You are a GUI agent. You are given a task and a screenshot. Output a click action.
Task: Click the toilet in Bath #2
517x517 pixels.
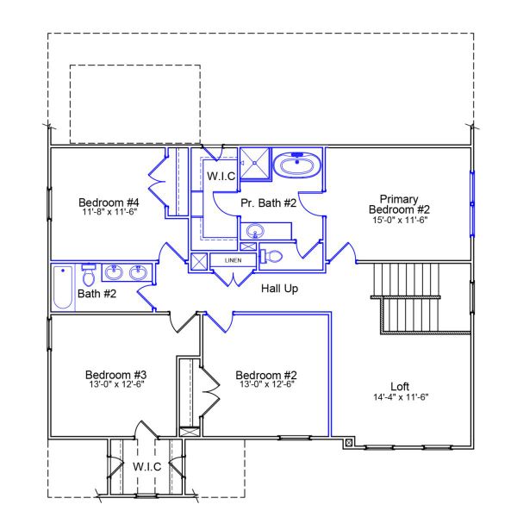88,276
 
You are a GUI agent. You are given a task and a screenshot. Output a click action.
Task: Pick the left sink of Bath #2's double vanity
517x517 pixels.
114,273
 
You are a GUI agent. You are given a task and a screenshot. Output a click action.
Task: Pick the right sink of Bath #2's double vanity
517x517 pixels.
138,273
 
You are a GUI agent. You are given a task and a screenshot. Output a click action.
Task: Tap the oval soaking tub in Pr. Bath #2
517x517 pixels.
297,165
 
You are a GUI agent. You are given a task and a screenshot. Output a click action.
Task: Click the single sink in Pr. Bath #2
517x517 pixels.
255,231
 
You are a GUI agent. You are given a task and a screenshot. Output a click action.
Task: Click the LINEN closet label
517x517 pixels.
233,259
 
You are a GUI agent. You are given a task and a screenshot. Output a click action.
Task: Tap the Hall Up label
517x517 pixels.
279,289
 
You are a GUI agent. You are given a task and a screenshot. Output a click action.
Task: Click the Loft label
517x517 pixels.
400,386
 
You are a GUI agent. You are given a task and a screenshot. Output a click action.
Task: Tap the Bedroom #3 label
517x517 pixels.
115,375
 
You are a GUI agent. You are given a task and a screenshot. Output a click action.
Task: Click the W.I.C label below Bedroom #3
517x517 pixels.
146,466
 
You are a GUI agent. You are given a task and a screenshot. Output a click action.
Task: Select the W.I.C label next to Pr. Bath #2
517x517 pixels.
221,176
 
